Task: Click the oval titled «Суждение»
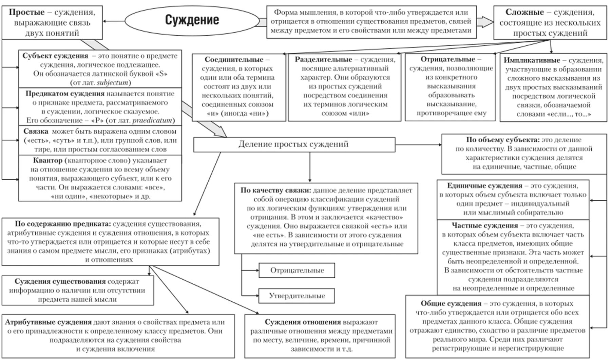click(192, 20)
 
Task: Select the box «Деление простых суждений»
click(294, 144)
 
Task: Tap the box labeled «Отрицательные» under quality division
click(297, 271)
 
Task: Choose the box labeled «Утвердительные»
click(297, 296)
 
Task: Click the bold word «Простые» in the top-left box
click(26, 13)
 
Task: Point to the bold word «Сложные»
click(524, 13)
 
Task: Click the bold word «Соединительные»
click(234, 60)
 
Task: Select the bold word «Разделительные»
click(323, 60)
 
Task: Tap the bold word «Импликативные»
click(532, 60)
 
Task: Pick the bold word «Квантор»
click(47, 160)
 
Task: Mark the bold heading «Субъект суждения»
click(55, 56)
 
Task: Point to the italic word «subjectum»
click(113, 82)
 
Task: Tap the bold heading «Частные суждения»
click(485, 225)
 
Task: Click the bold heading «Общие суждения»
click(451, 303)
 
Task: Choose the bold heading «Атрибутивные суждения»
click(48, 322)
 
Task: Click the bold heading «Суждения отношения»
click(303, 322)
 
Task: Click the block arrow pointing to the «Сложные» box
click(485, 22)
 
